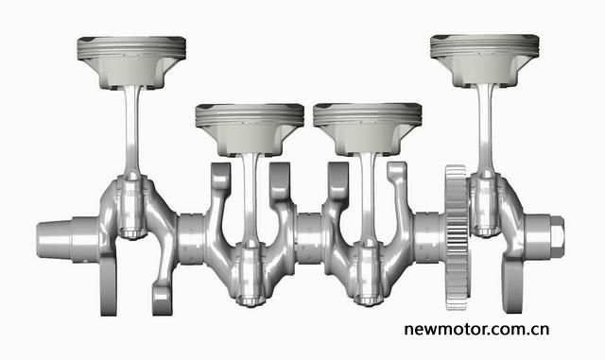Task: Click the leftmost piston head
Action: click(131, 62)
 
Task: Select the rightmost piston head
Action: click(485, 60)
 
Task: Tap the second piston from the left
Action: click(250, 129)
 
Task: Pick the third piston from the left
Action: click(368, 129)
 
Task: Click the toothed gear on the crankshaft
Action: click(458, 237)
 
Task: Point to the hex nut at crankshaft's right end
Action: click(556, 237)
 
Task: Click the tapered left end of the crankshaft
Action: click(54, 239)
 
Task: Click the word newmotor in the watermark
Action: click(449, 330)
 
